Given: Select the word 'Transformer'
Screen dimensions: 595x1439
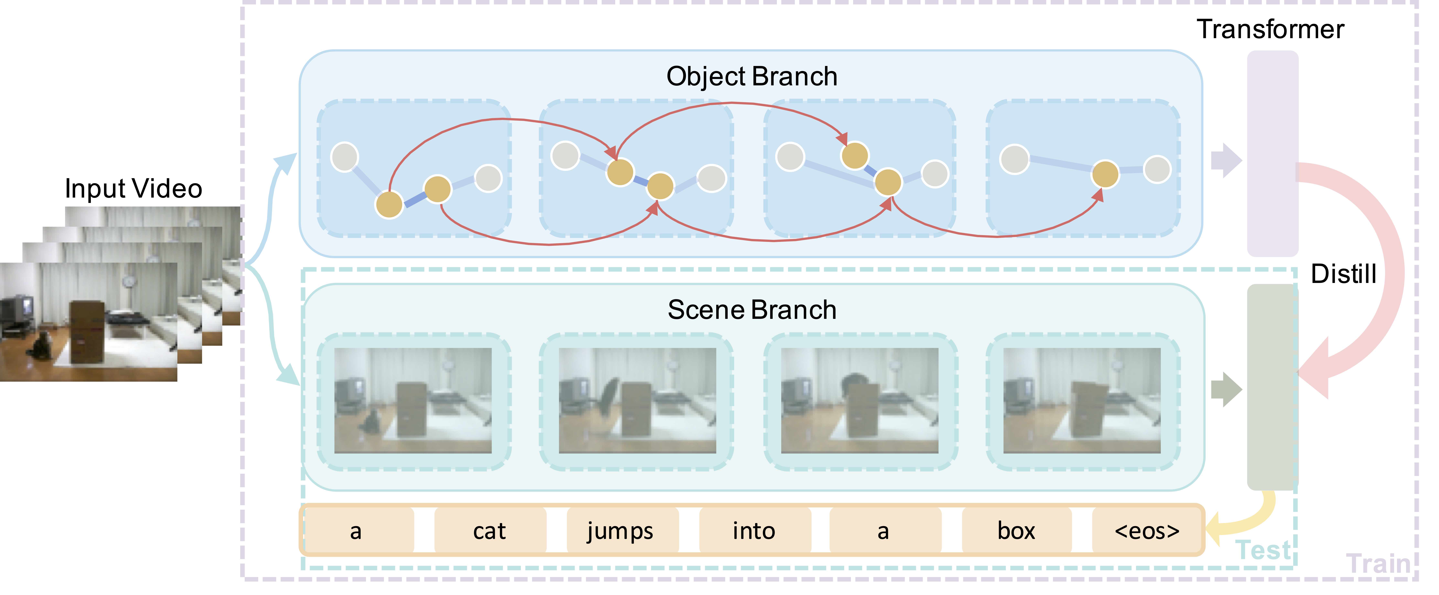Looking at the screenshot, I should pyautogui.click(x=1270, y=29).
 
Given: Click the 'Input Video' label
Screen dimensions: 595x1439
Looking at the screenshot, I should pyautogui.click(x=133, y=189).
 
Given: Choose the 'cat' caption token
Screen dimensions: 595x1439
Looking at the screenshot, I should pyautogui.click(x=489, y=531).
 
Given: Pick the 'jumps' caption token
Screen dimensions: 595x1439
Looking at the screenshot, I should pyautogui.click(x=620, y=531).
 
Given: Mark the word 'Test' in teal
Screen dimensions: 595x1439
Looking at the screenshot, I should pyautogui.click(x=1264, y=550).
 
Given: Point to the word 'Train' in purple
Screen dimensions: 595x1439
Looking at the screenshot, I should pyautogui.click(x=1378, y=564).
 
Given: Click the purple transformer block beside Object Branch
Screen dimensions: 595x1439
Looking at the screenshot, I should pyautogui.click(x=1273, y=154).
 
